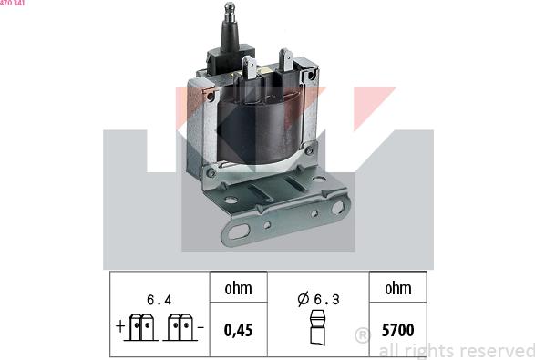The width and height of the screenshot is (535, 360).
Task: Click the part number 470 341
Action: tap(12, 4)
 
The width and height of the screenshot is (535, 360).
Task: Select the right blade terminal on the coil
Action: tap(285, 59)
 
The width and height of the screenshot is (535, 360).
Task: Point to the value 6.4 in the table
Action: tap(159, 298)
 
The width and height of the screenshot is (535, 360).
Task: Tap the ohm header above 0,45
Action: tap(239, 288)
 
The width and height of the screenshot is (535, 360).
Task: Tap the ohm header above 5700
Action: tap(398, 288)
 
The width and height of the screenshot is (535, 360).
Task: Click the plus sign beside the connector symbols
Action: tap(119, 326)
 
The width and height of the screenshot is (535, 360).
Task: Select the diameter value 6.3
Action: tap(325, 299)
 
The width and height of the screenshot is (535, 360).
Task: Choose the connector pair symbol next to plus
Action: tap(139, 328)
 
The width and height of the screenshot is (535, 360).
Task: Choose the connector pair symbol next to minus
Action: tap(180, 328)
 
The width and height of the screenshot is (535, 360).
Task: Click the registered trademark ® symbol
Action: tap(362, 335)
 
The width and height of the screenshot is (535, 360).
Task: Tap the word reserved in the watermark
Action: tap(493, 351)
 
